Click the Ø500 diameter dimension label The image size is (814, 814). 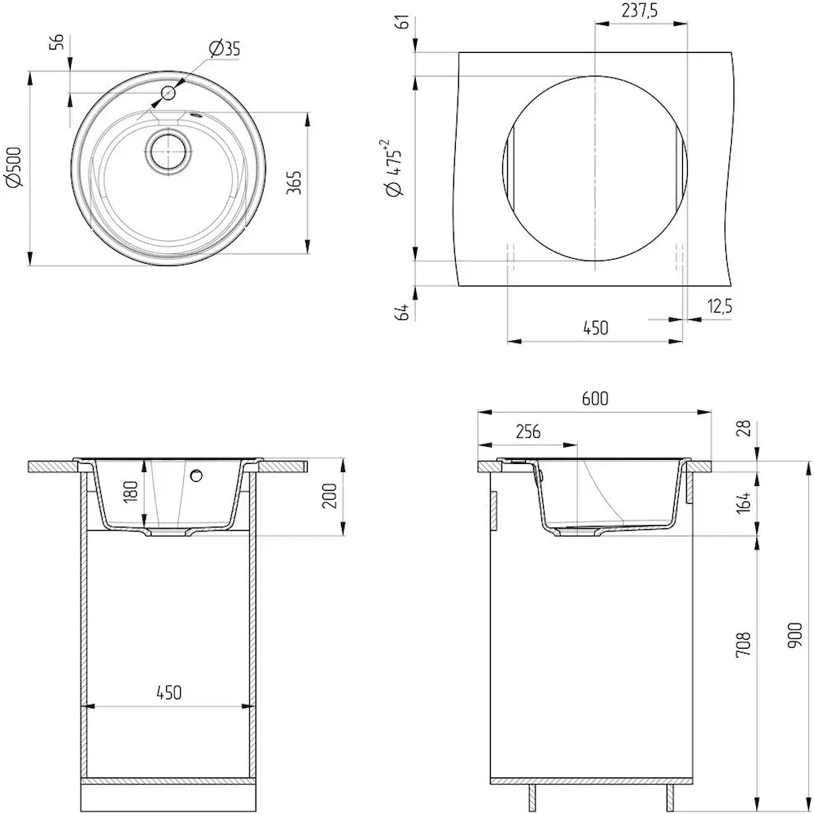pos(14,166)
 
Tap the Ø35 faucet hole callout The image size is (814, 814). pos(225,49)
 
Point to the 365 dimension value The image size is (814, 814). pos(295,182)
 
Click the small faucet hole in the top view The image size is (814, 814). pos(168,94)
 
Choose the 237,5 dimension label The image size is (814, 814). pos(640,11)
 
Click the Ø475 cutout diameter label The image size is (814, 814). pos(395,168)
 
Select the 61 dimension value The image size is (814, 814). pos(404,22)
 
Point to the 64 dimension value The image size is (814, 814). pos(403,312)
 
